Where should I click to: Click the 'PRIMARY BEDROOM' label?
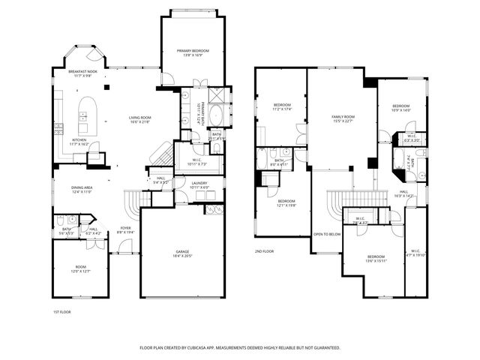point(193,50)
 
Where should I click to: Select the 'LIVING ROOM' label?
point(140,117)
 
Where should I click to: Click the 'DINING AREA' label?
point(81,187)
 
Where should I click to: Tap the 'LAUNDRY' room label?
point(199,183)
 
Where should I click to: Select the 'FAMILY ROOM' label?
point(343,117)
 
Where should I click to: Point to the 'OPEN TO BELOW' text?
point(327,234)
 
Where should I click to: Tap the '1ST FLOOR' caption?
point(61,311)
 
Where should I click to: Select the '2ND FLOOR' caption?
point(263,251)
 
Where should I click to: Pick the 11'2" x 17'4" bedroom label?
point(282,105)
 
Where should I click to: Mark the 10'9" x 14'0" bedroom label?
point(403,106)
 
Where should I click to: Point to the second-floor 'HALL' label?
point(403,191)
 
